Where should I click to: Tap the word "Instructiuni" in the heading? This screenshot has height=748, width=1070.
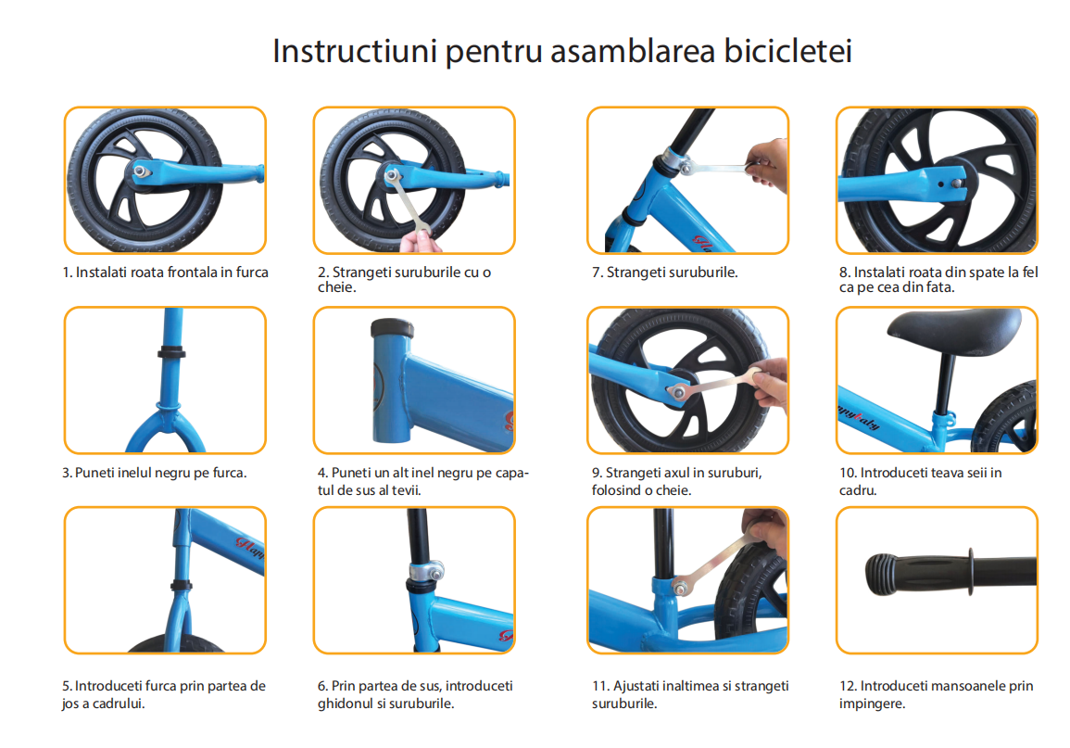[355, 51]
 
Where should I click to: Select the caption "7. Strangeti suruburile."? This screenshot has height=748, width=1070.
[664, 273]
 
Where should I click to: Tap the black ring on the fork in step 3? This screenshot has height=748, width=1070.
[171, 353]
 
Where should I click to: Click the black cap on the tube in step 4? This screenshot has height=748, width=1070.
[393, 327]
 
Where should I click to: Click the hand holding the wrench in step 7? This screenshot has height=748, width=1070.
[766, 164]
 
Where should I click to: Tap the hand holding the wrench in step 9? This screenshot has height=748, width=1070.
[769, 386]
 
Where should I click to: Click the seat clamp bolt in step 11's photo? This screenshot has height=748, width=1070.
[680, 587]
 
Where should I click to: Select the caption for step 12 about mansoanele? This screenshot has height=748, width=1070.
[936, 694]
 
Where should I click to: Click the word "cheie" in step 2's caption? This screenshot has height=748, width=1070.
[335, 287]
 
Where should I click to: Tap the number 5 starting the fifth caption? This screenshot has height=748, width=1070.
[66, 686]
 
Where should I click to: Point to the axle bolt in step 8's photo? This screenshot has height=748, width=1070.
[957, 183]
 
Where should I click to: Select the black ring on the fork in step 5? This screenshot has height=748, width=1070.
[181, 585]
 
